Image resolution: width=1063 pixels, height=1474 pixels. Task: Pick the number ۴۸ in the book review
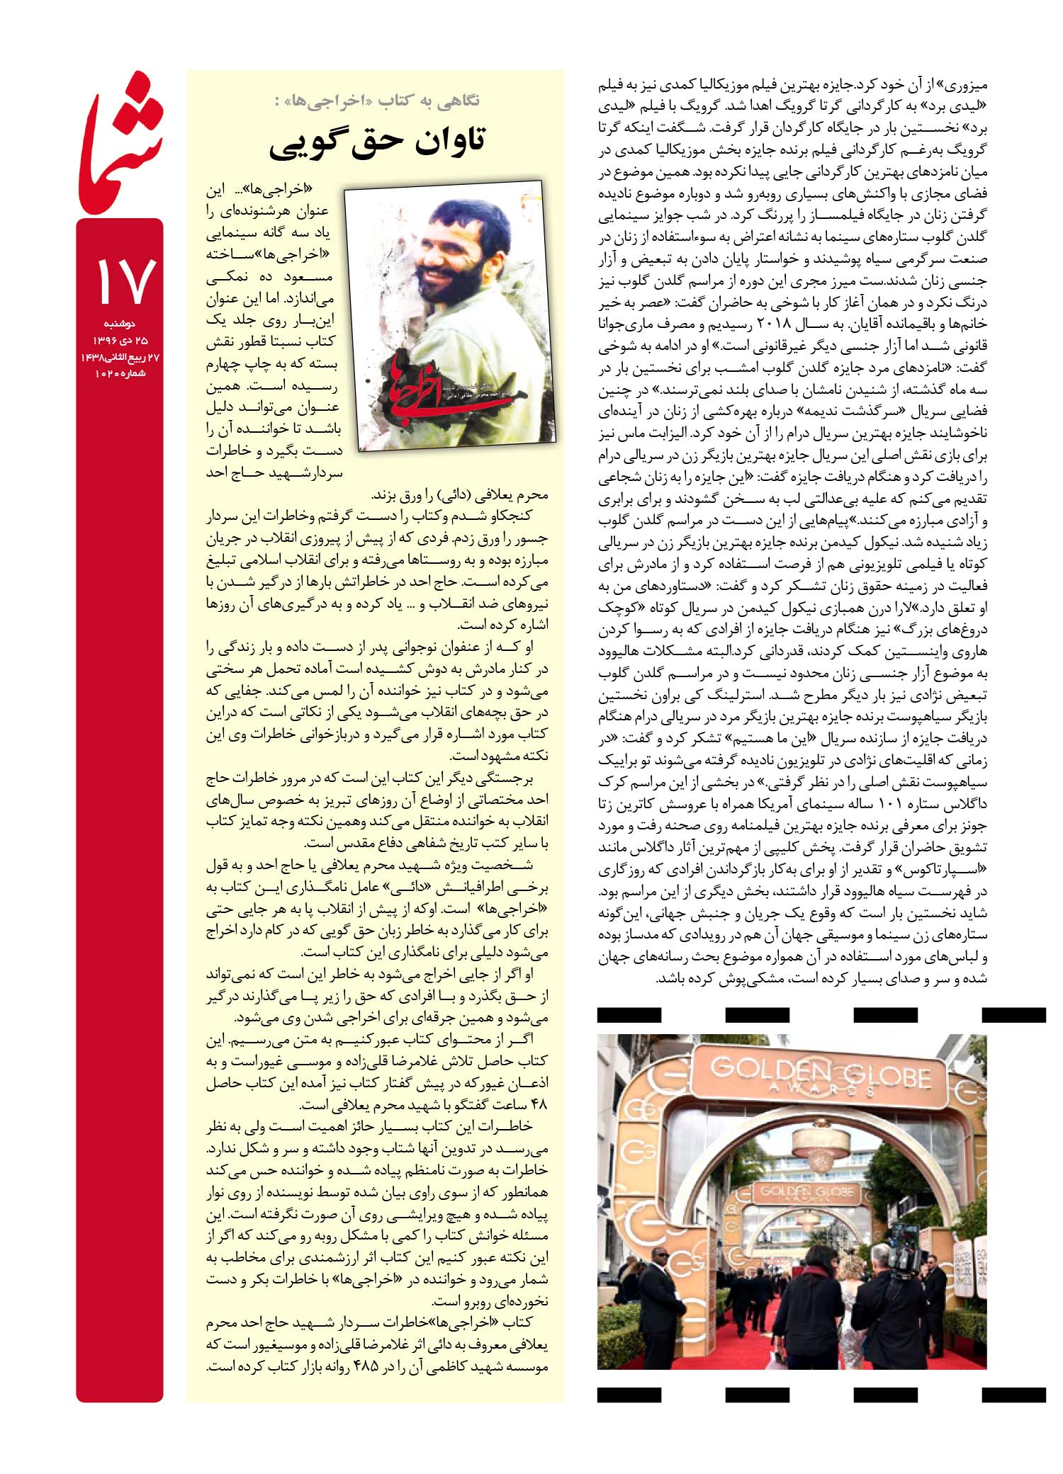click(539, 1104)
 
